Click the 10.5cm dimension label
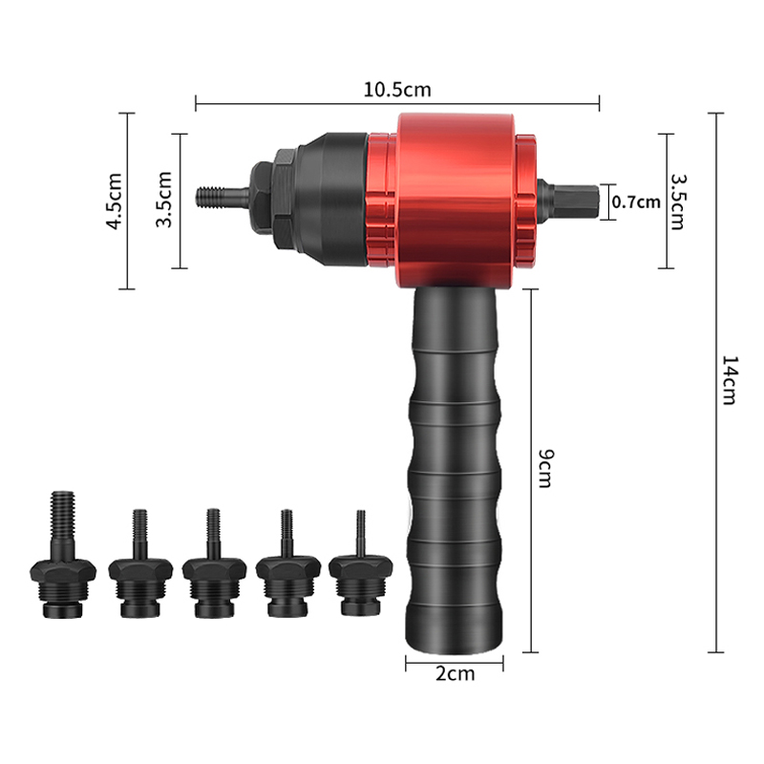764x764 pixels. pos(397,90)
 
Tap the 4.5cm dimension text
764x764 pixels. pos(114,201)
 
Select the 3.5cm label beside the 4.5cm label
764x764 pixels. pos(164,200)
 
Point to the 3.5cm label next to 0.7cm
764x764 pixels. pos(677,201)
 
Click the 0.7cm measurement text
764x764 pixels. pos(635,201)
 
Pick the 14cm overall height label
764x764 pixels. pos(728,382)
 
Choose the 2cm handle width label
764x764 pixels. pos(455,673)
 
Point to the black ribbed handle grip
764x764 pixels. pos(455,458)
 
